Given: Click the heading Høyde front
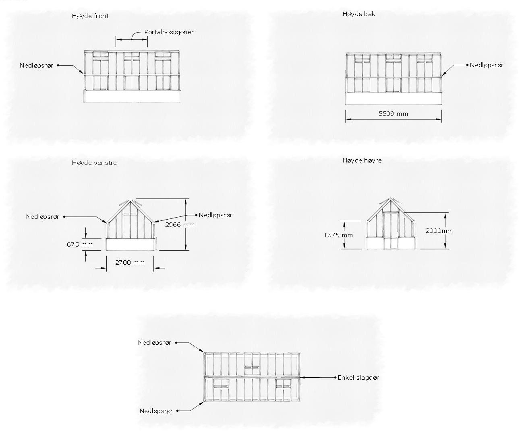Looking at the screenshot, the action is point(90,16).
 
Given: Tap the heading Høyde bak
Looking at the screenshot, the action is point(359,14).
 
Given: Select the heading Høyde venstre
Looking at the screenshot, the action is point(94,163).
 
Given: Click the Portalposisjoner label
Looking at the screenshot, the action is point(169,32).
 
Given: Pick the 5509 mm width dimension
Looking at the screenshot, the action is point(393,114).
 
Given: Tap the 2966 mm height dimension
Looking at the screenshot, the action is point(180,225).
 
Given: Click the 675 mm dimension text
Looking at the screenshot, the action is point(80,244).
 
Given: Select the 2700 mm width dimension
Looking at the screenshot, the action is point(130,263).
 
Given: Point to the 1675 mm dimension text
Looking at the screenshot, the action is point(338,235).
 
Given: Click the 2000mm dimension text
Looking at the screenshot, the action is point(439,231).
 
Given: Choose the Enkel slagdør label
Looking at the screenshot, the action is point(358,378).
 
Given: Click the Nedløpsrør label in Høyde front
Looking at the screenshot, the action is point(36,66).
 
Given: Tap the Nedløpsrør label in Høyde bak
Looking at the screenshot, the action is point(487,65).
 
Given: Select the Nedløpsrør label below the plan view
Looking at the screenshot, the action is point(156,411).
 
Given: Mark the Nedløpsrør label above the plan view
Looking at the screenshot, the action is point(155,343).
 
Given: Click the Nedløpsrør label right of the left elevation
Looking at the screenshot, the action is point(215,215).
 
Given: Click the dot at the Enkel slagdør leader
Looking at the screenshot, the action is point(335,377).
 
